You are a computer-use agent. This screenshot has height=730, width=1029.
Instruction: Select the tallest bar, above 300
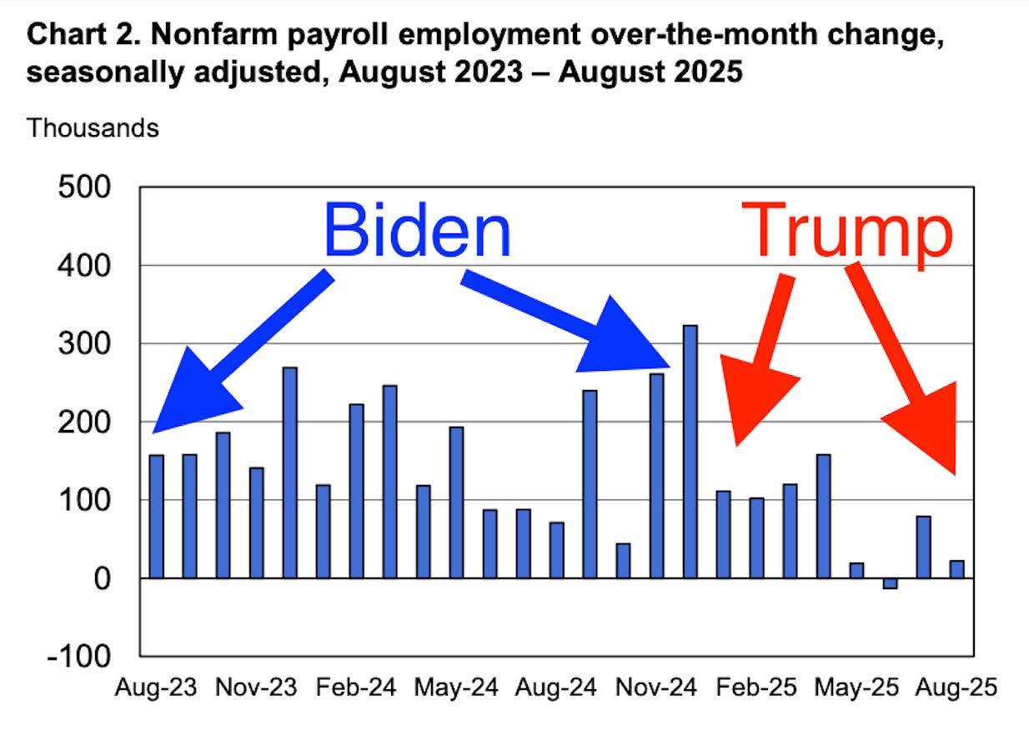[x=690, y=451]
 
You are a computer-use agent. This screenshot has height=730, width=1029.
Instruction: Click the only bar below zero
[x=890, y=583]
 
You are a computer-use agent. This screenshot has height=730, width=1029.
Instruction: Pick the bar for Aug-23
[x=156, y=516]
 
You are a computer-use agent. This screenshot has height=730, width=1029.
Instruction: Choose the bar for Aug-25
[x=956, y=569]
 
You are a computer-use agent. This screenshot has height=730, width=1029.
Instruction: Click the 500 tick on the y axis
[x=84, y=187]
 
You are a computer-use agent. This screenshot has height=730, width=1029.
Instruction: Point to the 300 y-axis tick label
[x=84, y=343]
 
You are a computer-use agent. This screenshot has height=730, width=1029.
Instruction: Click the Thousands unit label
[x=93, y=128]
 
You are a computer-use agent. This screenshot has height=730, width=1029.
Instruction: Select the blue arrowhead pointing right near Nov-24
[x=625, y=337]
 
